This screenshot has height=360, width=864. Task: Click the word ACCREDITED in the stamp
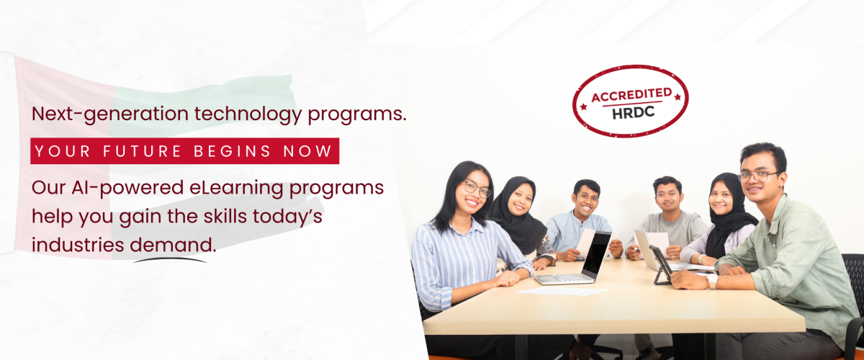(632, 95)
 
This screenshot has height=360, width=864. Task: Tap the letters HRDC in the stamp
(634, 112)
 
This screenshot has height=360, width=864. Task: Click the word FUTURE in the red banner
(142, 151)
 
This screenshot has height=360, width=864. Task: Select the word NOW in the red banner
(307, 151)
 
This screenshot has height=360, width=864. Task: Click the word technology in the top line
(248, 114)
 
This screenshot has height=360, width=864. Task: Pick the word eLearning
(236, 189)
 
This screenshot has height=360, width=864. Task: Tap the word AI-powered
(127, 189)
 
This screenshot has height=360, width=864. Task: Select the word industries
(78, 245)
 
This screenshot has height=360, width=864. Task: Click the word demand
(174, 245)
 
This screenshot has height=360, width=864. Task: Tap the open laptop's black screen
(596, 255)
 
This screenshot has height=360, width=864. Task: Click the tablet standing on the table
(661, 265)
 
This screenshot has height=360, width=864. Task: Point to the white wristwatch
(712, 281)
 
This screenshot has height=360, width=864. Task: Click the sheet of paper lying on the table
(562, 292)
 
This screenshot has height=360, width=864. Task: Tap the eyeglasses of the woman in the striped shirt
(477, 189)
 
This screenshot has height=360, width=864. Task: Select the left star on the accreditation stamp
(583, 107)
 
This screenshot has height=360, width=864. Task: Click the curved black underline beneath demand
(170, 260)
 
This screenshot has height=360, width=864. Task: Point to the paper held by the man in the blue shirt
(586, 243)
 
